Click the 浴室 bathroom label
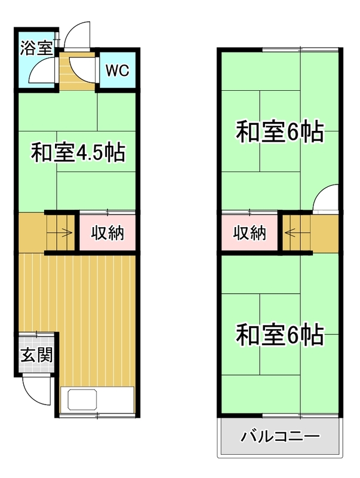click(x=37, y=48)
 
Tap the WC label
click(x=118, y=71)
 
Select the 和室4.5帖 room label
click(x=78, y=152)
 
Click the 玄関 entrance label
click(x=37, y=355)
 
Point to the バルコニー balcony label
click(x=280, y=437)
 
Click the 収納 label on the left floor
click(x=107, y=233)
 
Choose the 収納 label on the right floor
click(x=250, y=233)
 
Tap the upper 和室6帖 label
click(x=280, y=132)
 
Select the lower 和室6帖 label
click(x=280, y=335)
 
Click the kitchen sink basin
click(x=82, y=399)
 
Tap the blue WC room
click(x=118, y=71)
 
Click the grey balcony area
click(x=280, y=436)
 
